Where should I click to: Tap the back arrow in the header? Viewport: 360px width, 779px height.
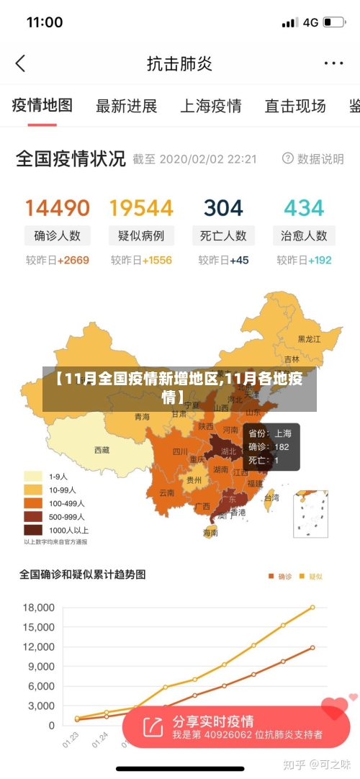click(x=20, y=63)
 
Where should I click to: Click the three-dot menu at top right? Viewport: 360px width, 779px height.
click(x=333, y=63)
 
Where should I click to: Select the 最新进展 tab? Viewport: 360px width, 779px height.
click(x=126, y=107)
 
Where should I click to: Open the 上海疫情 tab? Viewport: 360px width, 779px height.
click(x=210, y=107)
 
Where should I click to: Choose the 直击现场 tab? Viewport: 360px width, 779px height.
click(x=294, y=107)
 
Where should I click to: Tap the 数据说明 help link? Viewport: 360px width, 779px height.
click(x=313, y=159)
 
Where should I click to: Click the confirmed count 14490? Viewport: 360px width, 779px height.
click(x=58, y=209)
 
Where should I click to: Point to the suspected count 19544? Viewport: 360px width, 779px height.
click(x=141, y=209)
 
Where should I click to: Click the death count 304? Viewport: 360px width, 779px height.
click(x=223, y=209)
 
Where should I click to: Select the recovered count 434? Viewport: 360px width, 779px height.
click(x=304, y=209)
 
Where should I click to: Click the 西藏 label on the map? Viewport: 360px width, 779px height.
click(x=102, y=450)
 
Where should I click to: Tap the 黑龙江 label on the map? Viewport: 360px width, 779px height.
click(x=311, y=339)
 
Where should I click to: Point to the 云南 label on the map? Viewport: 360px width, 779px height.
click(x=166, y=493)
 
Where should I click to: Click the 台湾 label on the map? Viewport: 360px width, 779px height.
click(x=271, y=497)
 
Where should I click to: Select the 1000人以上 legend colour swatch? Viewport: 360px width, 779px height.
click(x=33, y=530)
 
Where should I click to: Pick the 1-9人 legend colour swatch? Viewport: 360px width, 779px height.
click(x=33, y=476)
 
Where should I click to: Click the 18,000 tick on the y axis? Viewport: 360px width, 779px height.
click(x=39, y=608)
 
